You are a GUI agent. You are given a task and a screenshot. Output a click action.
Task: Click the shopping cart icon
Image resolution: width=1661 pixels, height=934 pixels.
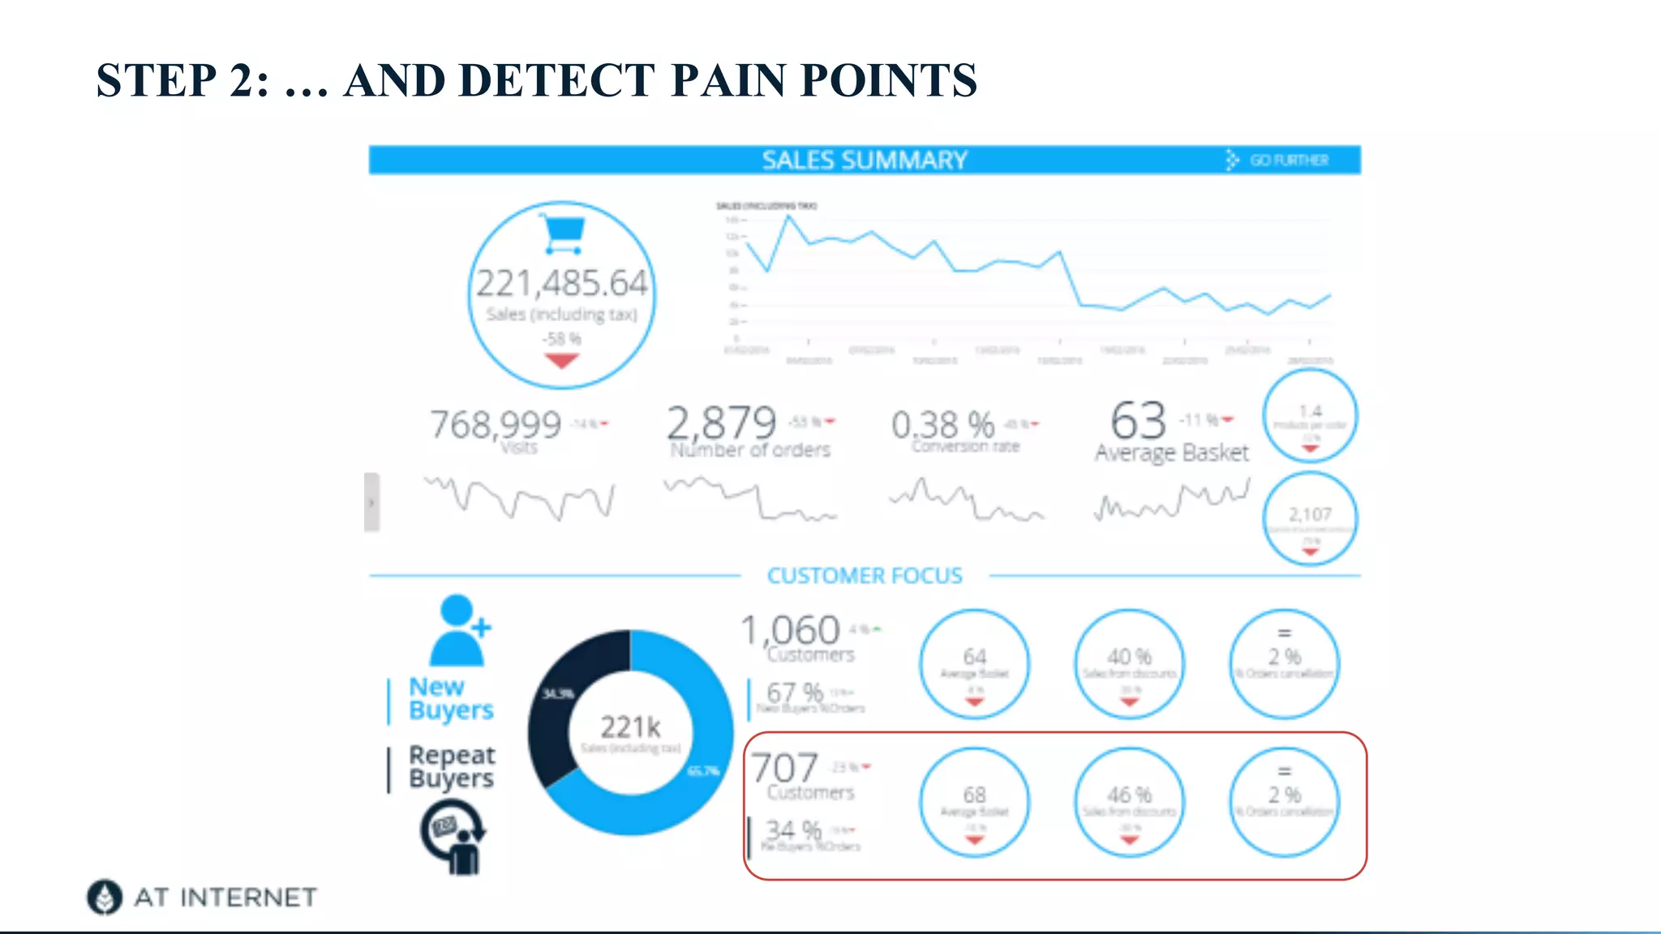pyautogui.click(x=562, y=234)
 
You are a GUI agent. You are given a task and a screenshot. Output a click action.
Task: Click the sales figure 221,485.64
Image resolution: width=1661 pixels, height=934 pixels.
pyautogui.click(x=561, y=284)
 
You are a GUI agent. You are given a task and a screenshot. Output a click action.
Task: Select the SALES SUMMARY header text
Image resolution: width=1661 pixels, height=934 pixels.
pyautogui.click(x=864, y=160)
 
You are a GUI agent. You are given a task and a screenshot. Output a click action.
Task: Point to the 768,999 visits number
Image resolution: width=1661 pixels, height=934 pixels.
pyautogui.click(x=495, y=424)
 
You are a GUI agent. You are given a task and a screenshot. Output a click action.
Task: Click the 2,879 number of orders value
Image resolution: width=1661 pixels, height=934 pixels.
pyautogui.click(x=721, y=422)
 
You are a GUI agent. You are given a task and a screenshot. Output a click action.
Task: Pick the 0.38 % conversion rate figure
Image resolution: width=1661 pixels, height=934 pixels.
pyautogui.click(x=942, y=424)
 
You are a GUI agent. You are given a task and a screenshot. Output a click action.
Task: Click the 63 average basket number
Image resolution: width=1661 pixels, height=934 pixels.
pyautogui.click(x=1138, y=420)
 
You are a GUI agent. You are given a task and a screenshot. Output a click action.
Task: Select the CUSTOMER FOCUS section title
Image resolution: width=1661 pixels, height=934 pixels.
pyautogui.click(x=865, y=576)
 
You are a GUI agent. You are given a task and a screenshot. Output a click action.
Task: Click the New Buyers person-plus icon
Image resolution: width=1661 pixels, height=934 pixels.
pyautogui.click(x=459, y=630)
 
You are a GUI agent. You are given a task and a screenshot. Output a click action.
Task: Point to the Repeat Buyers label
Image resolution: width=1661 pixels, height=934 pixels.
pyautogui.click(x=451, y=766)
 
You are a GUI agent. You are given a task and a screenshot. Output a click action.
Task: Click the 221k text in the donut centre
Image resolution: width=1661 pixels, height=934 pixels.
pyautogui.click(x=630, y=726)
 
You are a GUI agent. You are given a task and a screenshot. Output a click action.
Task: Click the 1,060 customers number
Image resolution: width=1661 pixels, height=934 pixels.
pyautogui.click(x=791, y=630)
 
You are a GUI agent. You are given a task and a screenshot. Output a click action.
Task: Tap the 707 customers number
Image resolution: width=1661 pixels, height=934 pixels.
pyautogui.click(x=784, y=767)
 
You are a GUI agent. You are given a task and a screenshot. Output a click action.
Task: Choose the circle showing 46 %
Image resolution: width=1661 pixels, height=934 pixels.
pyautogui.click(x=1129, y=802)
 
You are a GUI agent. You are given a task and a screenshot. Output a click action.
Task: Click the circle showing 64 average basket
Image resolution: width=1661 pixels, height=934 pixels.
pyautogui.click(x=974, y=664)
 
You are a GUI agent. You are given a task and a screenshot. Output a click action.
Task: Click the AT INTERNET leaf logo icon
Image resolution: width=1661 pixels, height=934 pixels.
pyautogui.click(x=105, y=897)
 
